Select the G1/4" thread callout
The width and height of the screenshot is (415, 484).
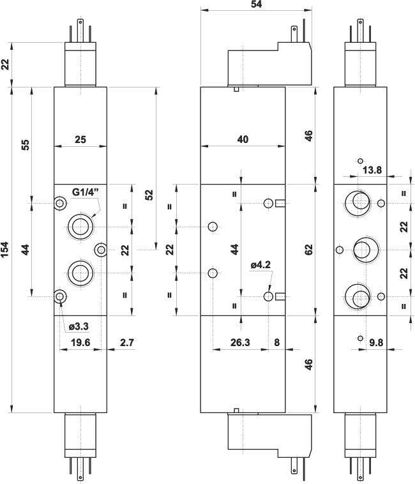(85, 192)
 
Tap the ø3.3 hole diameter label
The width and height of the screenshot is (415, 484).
(79, 326)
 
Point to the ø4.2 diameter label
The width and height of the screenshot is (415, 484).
(261, 263)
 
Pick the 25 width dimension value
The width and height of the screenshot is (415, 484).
(80, 139)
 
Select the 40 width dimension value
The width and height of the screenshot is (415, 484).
(242, 139)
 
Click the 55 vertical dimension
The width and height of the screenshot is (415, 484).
(26, 144)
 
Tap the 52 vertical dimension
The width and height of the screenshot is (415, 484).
(149, 194)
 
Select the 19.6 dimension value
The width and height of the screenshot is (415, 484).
(80, 343)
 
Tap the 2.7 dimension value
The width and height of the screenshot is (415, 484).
(126, 343)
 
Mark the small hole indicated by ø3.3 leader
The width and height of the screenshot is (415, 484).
(60, 296)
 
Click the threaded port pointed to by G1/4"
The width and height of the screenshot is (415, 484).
(80, 226)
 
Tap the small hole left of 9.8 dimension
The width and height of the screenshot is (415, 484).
(361, 338)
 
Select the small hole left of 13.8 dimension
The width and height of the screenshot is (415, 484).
(361, 161)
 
